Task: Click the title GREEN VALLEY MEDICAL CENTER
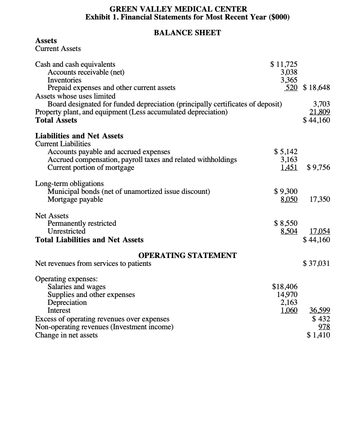(178, 9)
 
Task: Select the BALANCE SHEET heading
(187, 33)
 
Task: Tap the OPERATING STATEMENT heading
(187, 255)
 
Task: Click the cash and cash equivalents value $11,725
(284, 64)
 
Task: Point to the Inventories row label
(64, 80)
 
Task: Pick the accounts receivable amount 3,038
(289, 72)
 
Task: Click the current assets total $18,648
(316, 88)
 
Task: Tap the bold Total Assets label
(56, 120)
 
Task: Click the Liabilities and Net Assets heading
(79, 136)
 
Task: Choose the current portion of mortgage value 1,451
(289, 168)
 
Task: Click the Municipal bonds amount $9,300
(286, 192)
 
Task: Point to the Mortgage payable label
(75, 199)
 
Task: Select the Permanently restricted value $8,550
(286, 223)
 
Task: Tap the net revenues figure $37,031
(316, 264)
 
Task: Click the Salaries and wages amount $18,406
(285, 287)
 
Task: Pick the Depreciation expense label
(67, 303)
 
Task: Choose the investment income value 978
(323, 327)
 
